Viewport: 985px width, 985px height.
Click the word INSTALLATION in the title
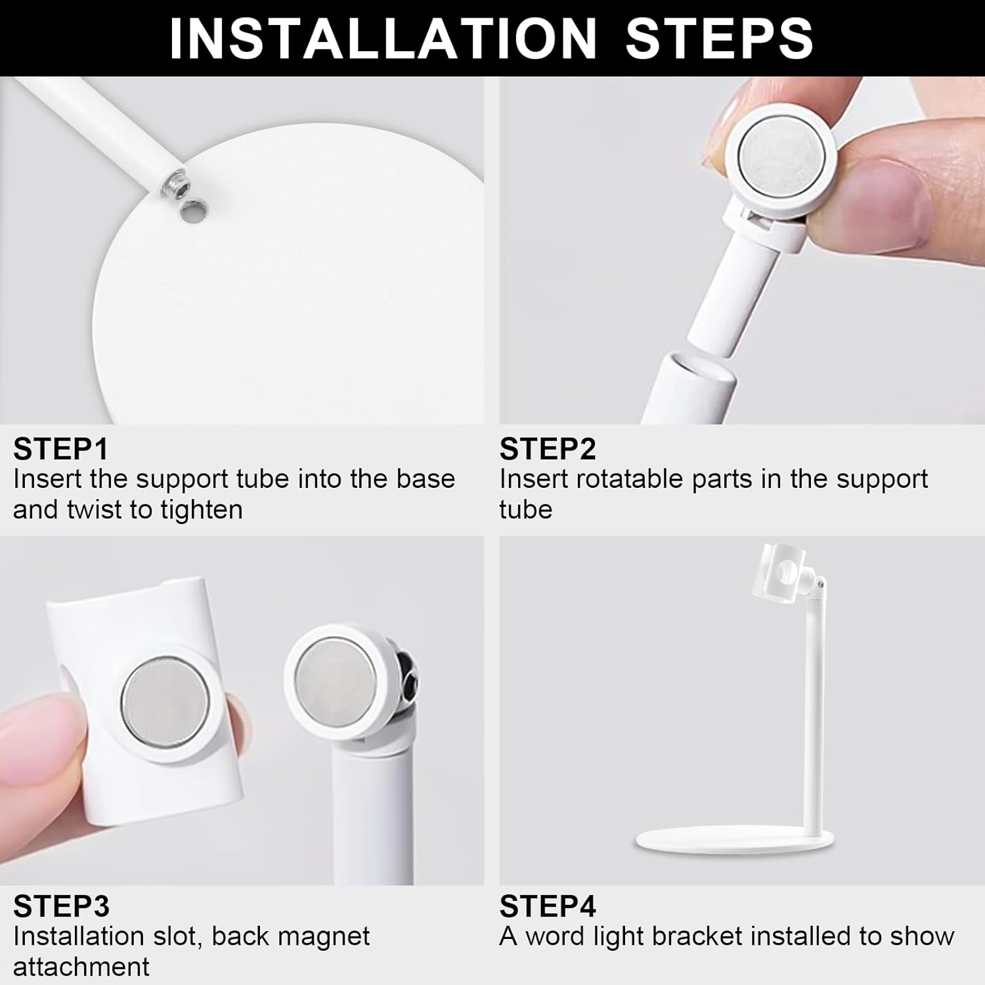383,39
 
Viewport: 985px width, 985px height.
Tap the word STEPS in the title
720,39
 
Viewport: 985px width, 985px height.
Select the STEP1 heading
60,450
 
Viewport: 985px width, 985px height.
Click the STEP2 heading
547,450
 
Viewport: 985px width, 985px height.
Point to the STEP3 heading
61,907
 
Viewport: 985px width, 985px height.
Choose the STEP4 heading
547,907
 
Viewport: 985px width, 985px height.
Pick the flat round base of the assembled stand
734,841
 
